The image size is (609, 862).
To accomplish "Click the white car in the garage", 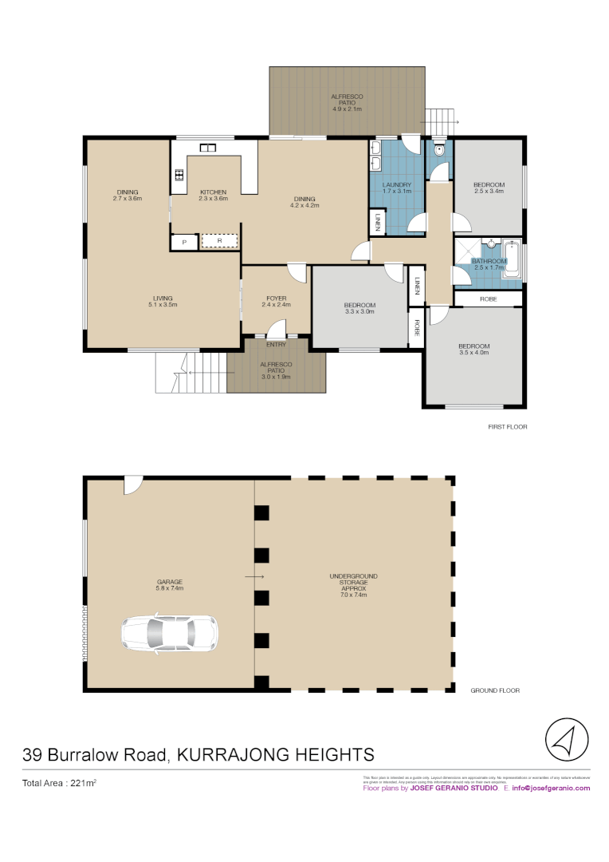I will pyautogui.click(x=169, y=633).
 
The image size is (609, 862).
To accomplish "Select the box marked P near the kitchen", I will pyautogui.click(x=184, y=242).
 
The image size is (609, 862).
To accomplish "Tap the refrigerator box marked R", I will pyautogui.click(x=219, y=241).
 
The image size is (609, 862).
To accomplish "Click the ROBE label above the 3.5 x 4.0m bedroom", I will pyautogui.click(x=489, y=299).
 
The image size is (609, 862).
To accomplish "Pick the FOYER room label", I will pyautogui.click(x=277, y=300).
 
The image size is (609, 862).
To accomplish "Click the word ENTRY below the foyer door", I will pyautogui.click(x=276, y=345).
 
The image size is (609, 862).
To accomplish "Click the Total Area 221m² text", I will pyautogui.click(x=59, y=784).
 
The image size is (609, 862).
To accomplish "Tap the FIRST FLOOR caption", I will pyautogui.click(x=507, y=427).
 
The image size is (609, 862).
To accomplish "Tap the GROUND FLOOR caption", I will pyautogui.click(x=494, y=690).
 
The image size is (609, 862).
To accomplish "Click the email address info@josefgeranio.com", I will pyautogui.click(x=551, y=788).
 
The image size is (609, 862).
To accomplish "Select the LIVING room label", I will pyautogui.click(x=163, y=300).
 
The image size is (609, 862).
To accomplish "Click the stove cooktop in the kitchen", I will pyautogui.click(x=179, y=176).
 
